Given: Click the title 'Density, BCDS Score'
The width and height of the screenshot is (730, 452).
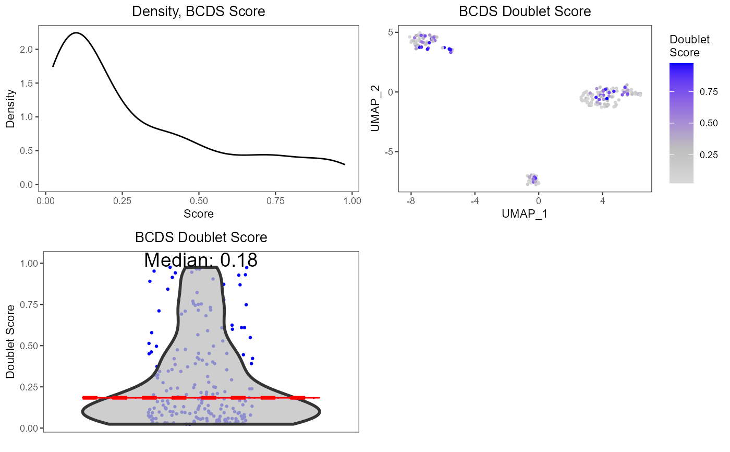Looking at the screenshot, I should click(x=198, y=11).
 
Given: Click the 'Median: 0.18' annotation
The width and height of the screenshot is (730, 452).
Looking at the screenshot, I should click(x=201, y=260).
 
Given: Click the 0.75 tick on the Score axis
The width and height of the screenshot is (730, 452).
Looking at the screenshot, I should click(x=276, y=200).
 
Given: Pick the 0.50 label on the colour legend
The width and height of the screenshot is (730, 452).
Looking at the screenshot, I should click(x=709, y=123).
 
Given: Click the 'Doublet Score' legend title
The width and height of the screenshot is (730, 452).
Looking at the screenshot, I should click(x=685, y=46).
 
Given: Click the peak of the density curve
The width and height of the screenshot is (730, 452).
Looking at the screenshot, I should click(x=76, y=33).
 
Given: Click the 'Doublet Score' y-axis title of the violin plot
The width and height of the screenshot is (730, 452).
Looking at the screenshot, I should click(x=10, y=342).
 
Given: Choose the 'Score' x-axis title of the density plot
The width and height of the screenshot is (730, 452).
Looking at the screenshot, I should click(x=199, y=213).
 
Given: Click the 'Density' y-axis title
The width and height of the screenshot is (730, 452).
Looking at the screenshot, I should click(x=10, y=110).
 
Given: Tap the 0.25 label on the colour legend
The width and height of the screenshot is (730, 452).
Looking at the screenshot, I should click(x=709, y=154).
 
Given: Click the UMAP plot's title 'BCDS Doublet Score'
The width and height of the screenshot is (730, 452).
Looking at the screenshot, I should click(x=525, y=11).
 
